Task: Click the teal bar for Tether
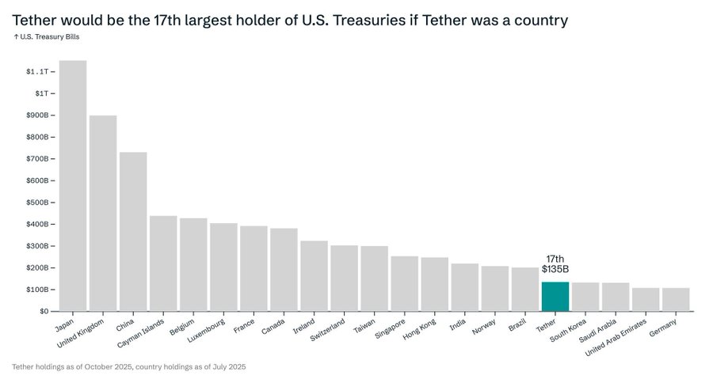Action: (x=555, y=296)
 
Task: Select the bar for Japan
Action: (x=73, y=186)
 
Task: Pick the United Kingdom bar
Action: (x=103, y=213)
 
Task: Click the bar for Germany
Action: (x=675, y=299)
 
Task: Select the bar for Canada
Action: (x=284, y=269)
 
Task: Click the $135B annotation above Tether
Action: (x=555, y=270)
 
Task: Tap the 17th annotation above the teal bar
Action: (x=555, y=259)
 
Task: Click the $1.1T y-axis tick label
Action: (x=39, y=72)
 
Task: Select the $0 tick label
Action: (x=44, y=311)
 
